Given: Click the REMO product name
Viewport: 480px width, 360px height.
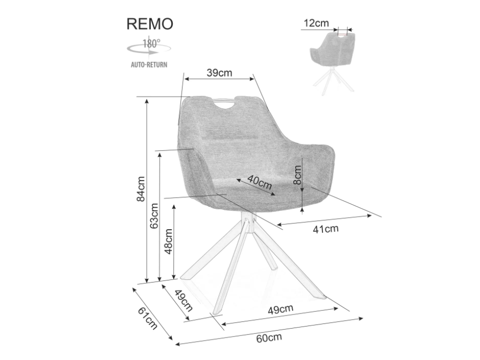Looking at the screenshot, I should (149, 24).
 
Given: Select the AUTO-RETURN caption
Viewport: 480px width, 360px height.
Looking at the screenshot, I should (149, 65).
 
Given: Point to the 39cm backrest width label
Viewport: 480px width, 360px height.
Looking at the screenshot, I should (219, 73).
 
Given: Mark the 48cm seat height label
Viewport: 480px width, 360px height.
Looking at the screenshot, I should (169, 241).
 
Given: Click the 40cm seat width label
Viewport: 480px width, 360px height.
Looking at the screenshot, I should (260, 183).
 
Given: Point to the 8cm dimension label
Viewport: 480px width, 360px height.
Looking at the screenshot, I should (297, 176).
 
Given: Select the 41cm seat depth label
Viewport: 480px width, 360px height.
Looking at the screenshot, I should (326, 229).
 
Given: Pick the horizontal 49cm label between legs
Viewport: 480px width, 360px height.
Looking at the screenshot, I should (280, 309).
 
